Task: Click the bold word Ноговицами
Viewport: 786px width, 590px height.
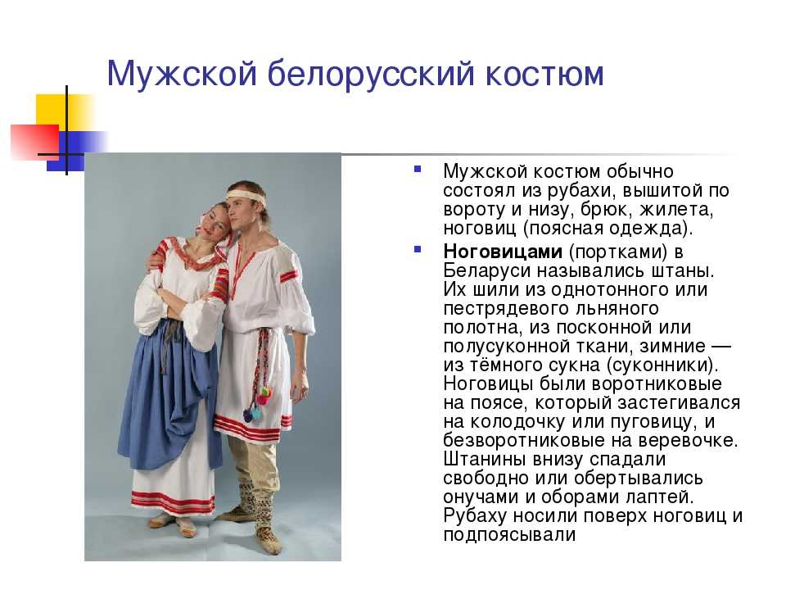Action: (503, 252)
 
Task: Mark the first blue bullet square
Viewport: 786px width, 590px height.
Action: (417, 170)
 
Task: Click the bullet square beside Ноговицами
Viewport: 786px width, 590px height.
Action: (417, 249)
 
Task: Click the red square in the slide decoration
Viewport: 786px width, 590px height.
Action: (35, 142)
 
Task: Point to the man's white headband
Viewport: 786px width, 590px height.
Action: (246, 196)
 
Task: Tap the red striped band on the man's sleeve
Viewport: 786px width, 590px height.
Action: (288, 276)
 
